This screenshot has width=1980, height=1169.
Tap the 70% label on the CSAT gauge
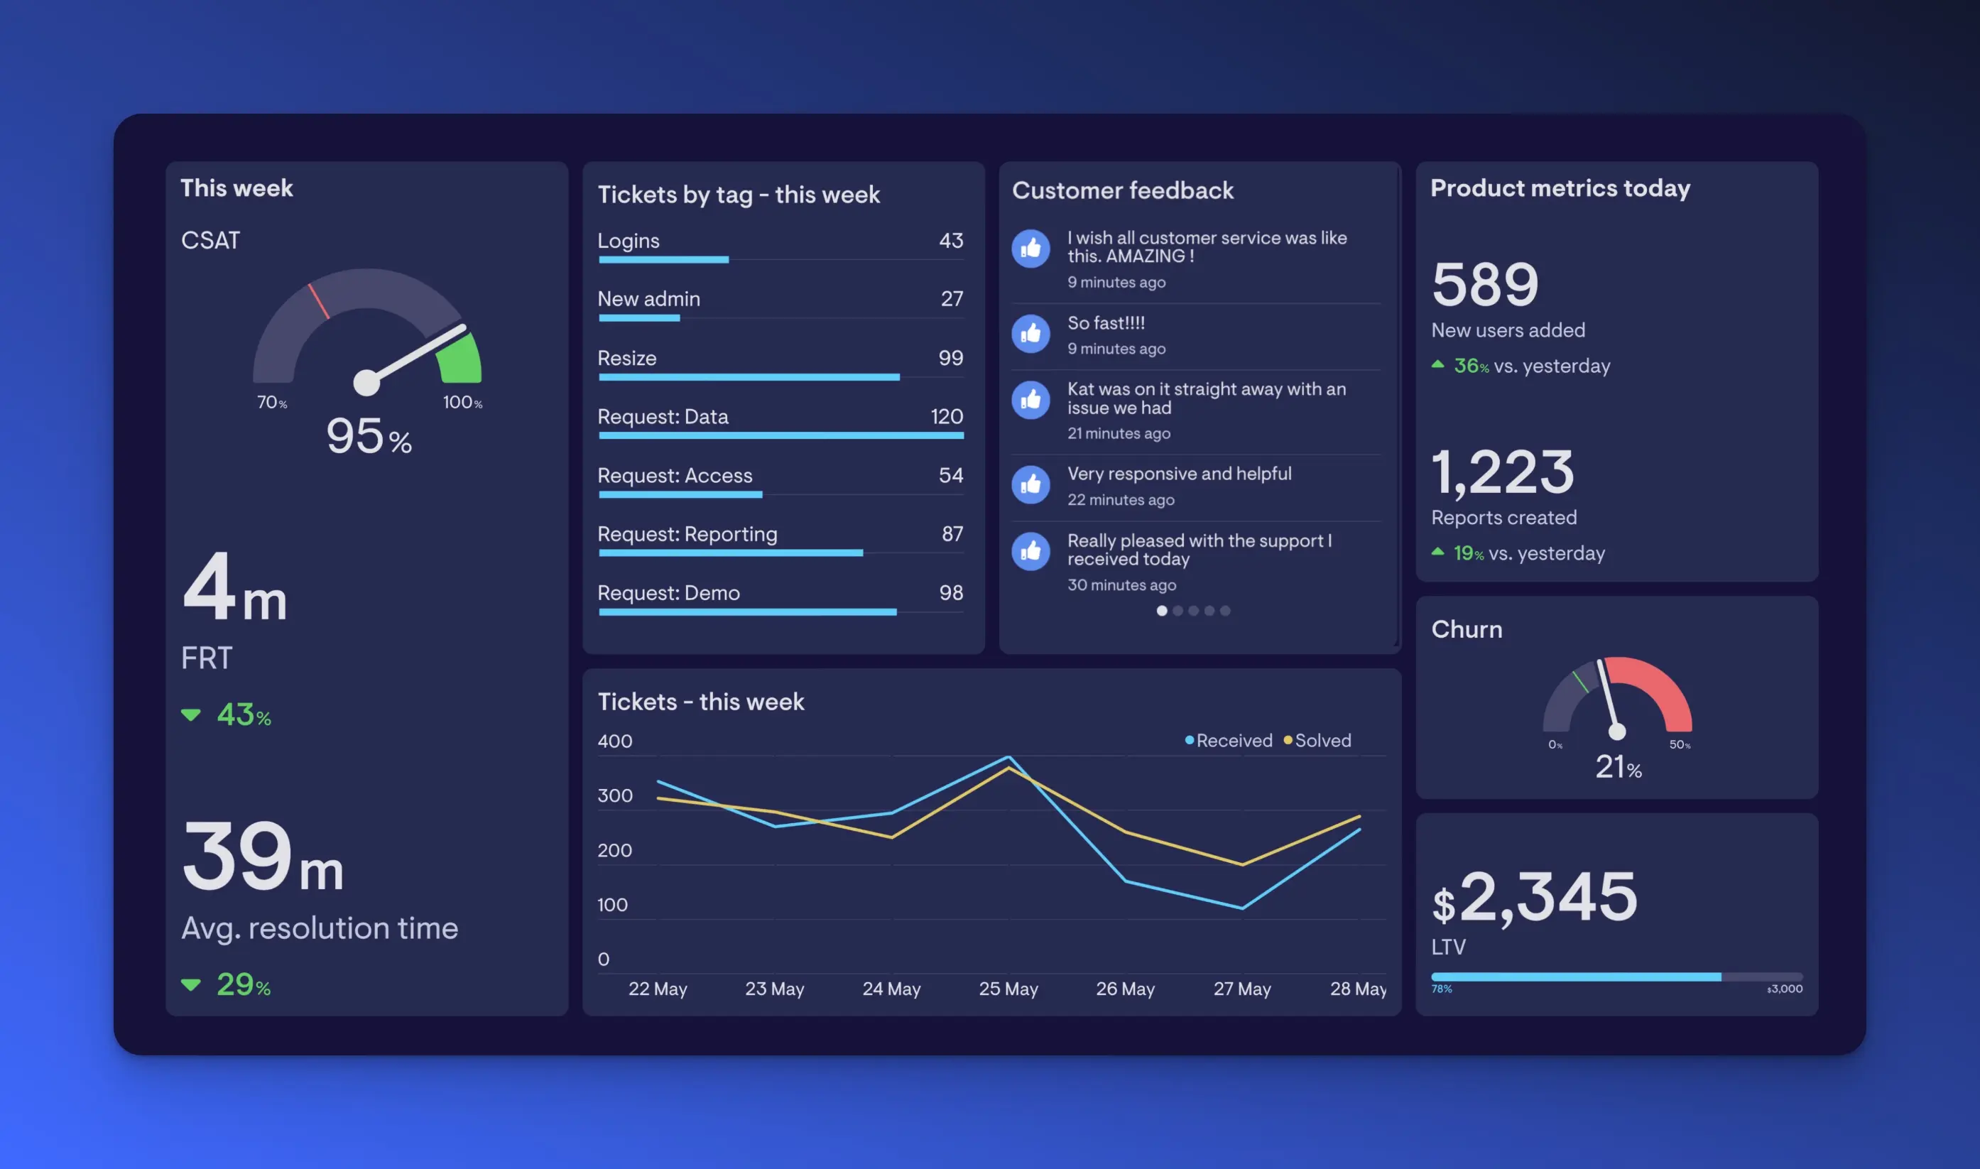coord(272,403)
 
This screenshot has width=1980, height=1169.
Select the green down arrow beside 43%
coord(190,715)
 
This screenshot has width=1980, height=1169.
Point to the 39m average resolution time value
coord(262,857)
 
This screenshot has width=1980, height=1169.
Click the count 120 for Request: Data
coord(946,416)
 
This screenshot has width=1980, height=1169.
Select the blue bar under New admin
coord(638,318)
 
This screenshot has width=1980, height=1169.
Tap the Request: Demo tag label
coord(668,592)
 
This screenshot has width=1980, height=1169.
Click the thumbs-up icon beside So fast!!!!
coord(1030,334)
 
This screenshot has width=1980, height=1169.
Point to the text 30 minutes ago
coord(1121,584)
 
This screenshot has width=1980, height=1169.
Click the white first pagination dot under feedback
coord(1161,611)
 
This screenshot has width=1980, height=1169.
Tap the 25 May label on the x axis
coord(1008,989)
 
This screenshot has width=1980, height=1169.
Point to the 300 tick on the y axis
coord(615,795)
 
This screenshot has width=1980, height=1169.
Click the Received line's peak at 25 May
coord(1009,757)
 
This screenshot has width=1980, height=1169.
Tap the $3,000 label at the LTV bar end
coord(1784,989)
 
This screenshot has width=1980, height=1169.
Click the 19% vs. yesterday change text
coord(1528,553)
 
